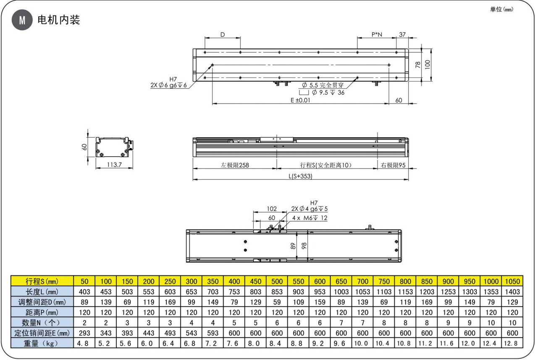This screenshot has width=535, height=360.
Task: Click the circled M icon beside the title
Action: tap(22, 20)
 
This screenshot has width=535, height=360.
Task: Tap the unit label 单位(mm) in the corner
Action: tap(501, 9)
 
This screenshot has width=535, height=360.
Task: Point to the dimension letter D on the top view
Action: tap(223, 34)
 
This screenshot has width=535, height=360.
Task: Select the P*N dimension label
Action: tap(377, 34)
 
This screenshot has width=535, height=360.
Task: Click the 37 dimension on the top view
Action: tap(402, 34)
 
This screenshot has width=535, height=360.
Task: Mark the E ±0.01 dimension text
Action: tap(300, 100)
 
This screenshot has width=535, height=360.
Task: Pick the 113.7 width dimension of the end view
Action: tap(114, 165)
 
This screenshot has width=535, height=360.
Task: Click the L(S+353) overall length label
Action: tap(300, 176)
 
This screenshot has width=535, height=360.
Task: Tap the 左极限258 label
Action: tap(235, 165)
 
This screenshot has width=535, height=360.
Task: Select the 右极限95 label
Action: tap(393, 165)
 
